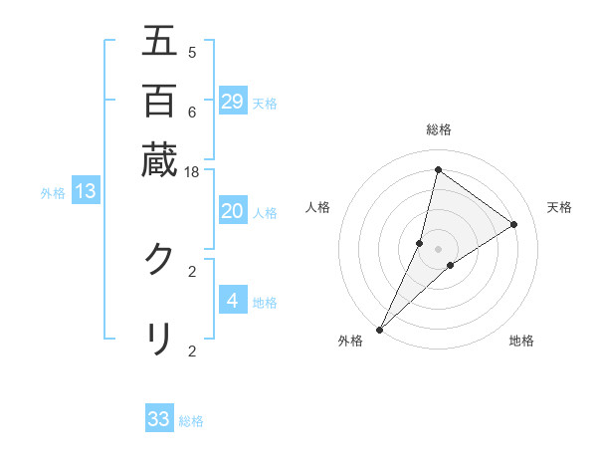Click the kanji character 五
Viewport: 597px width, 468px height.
click(x=159, y=43)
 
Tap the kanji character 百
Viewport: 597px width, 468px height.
click(x=159, y=101)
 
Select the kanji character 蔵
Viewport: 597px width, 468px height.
click(x=159, y=159)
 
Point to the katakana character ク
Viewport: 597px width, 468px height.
click(x=159, y=260)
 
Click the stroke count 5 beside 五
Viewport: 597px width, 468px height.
click(x=191, y=53)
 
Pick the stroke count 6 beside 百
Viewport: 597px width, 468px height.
click(x=191, y=112)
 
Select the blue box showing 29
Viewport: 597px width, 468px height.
click(x=233, y=101)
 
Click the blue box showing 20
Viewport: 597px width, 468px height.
click(x=233, y=211)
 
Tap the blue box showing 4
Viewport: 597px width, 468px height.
click(x=233, y=300)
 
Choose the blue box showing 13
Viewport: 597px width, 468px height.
click(x=85, y=191)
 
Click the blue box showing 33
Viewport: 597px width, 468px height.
click(x=159, y=419)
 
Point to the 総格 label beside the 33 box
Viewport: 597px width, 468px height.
click(x=191, y=421)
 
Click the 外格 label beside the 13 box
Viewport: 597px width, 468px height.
click(x=53, y=193)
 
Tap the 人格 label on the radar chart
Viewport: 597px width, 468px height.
click(x=317, y=207)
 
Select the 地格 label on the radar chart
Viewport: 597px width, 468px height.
click(x=521, y=342)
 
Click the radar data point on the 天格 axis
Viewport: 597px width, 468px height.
click(x=514, y=224)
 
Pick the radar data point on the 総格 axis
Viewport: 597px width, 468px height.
click(x=438, y=169)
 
